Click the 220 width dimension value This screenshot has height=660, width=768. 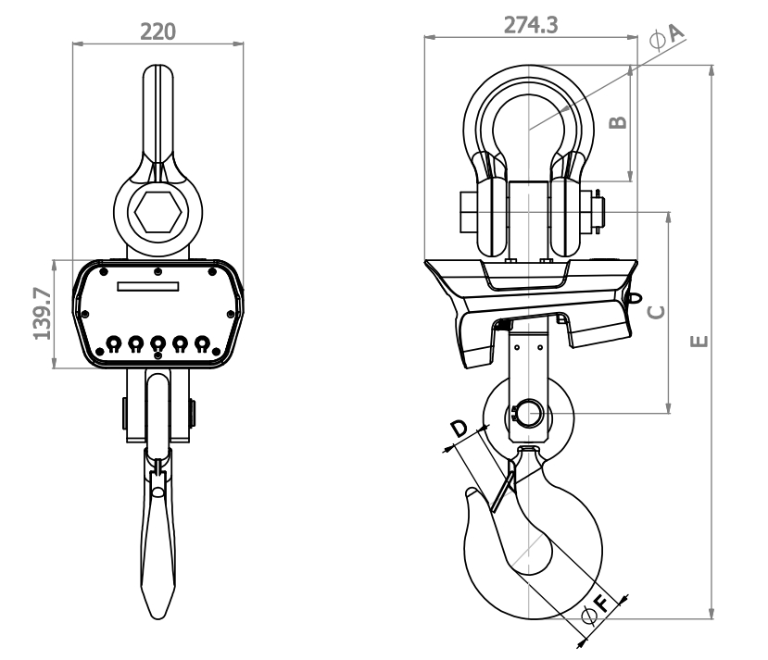(157, 31)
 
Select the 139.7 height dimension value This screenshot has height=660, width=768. (42, 314)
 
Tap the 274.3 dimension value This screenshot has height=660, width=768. (531, 25)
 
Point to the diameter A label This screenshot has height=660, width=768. (666, 37)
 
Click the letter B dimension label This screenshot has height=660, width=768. (618, 122)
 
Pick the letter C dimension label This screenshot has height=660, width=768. (656, 312)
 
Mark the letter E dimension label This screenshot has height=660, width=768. (699, 341)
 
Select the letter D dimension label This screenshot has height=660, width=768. (459, 429)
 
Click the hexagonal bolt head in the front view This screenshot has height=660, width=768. (158, 212)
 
